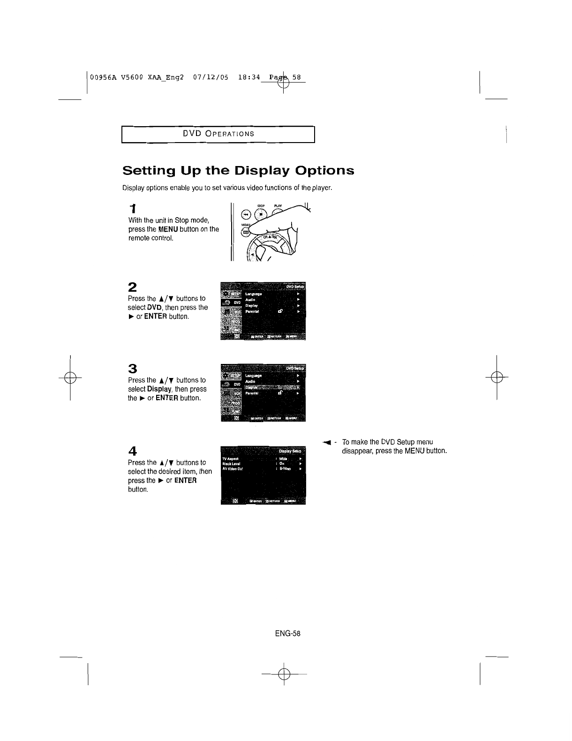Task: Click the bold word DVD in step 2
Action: [155, 307]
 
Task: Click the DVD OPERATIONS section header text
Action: [218, 133]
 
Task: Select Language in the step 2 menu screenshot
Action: [254, 294]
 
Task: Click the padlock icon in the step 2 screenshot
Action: [280, 310]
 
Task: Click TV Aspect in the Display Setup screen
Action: [231, 458]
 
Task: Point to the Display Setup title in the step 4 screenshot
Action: [290, 452]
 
